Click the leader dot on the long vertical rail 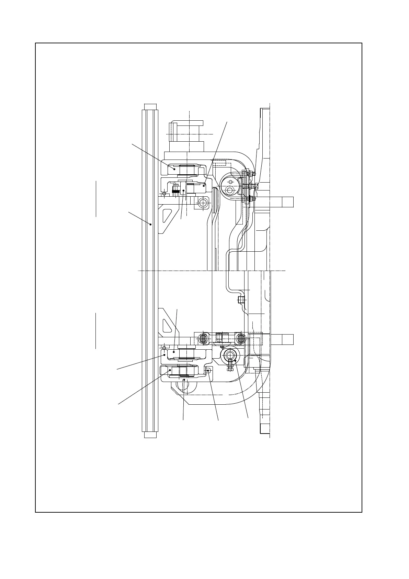tap(151, 224)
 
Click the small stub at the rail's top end tap(150, 106)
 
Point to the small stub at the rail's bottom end tap(150, 435)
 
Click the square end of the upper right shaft tap(288, 201)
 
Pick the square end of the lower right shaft tap(288, 339)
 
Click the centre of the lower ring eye tap(229, 354)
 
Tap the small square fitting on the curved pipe tap(241, 300)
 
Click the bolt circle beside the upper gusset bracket tap(203, 203)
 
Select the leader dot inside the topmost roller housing tap(174, 169)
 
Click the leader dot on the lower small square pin tap(208, 371)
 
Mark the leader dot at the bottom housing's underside tap(184, 380)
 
